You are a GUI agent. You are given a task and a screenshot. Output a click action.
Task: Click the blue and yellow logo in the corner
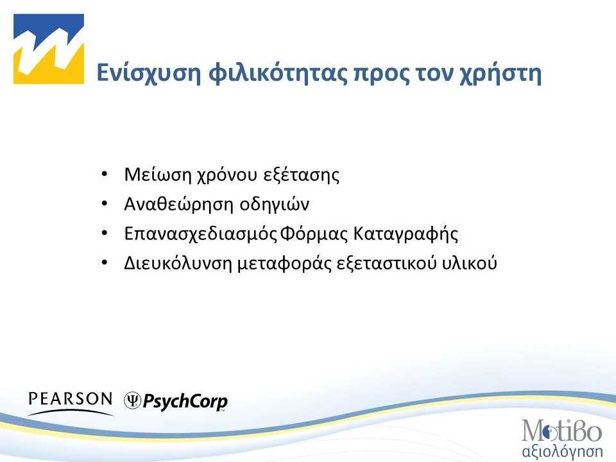(x=49, y=49)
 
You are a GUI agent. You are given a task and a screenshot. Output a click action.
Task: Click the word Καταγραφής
(x=406, y=234)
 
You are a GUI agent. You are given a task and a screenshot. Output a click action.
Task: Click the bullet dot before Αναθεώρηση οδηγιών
(x=105, y=205)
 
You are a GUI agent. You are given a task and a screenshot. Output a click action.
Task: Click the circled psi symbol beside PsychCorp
(x=132, y=401)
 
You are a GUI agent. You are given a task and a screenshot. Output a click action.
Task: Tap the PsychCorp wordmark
(x=184, y=402)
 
